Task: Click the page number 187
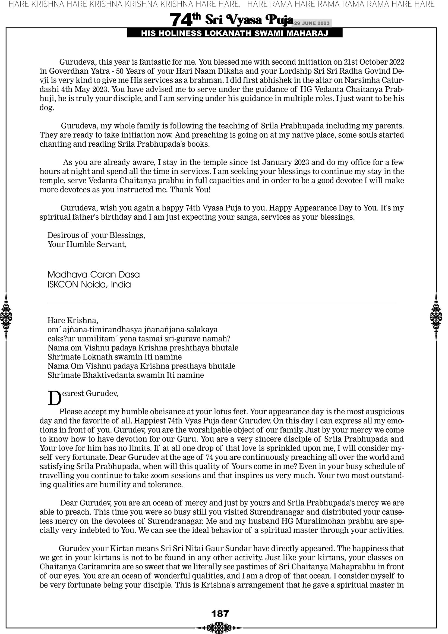click(x=220, y=614)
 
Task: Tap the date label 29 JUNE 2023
click(x=311, y=23)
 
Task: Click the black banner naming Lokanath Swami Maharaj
click(x=235, y=33)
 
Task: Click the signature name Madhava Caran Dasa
click(x=94, y=275)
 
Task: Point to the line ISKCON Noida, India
click(x=89, y=284)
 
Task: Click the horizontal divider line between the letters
click(x=222, y=303)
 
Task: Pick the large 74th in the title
click(x=185, y=20)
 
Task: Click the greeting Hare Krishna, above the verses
click(x=73, y=320)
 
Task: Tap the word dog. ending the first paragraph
click(x=47, y=108)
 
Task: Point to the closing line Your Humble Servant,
click(x=87, y=244)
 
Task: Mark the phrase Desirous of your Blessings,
click(x=96, y=235)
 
